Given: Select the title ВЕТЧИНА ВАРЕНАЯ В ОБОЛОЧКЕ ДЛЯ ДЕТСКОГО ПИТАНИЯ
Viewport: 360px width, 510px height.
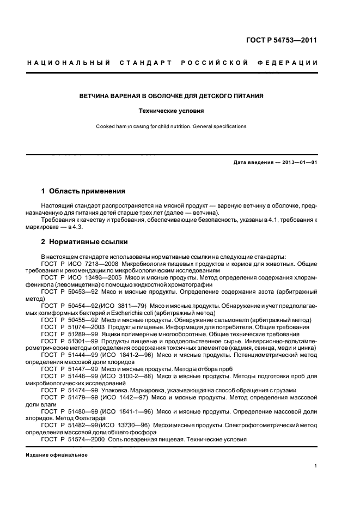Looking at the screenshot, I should point(171,96).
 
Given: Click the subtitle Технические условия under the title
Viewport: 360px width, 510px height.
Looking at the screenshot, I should point(171,111).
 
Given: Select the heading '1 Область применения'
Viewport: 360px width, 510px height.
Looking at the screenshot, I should point(83,191).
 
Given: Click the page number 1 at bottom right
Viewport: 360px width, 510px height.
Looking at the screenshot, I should point(316,466).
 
